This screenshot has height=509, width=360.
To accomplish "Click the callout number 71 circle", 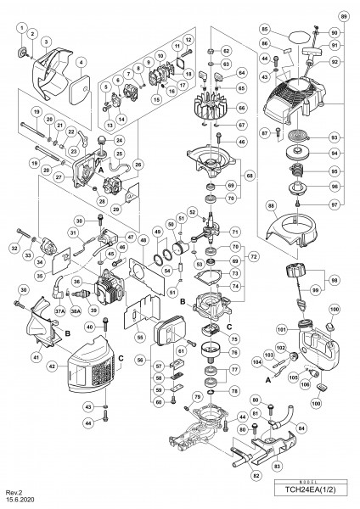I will pyautogui.click(x=235, y=231).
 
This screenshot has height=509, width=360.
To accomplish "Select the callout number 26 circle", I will pyautogui.click(x=138, y=163).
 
